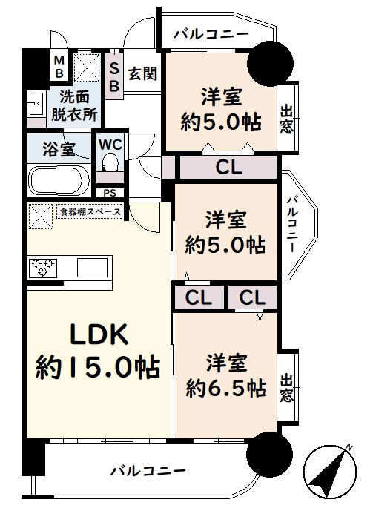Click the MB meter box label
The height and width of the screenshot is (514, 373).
click(59, 67)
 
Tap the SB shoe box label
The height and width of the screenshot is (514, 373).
click(113, 77)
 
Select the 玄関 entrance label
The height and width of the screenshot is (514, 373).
click(142, 73)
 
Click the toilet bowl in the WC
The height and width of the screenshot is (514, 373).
click(110, 162)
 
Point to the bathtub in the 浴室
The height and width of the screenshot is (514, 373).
click(59, 181)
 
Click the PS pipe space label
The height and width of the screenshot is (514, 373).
click(110, 193)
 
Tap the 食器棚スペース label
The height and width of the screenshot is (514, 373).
click(90, 211)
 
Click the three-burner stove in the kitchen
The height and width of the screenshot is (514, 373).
click(43, 268)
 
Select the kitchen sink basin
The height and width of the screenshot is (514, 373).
click(93, 268)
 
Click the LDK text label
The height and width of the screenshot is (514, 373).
click(99, 335)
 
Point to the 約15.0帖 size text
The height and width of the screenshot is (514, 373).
click(98, 366)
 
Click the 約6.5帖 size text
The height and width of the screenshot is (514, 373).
click(226, 389)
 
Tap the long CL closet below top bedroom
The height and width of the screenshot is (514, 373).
click(228, 168)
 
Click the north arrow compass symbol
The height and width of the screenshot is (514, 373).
click(330, 471)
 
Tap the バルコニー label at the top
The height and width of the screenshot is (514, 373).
click(211, 34)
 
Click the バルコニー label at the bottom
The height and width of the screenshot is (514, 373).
click(148, 472)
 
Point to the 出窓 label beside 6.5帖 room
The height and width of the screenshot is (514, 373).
click(287, 388)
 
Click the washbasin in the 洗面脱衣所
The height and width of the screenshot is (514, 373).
click(36, 104)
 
